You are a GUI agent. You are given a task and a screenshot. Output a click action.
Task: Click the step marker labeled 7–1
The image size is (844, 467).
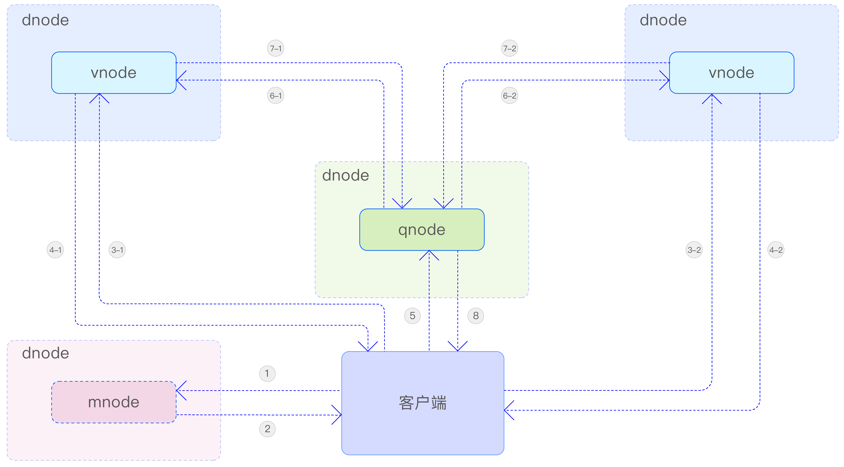point(276,48)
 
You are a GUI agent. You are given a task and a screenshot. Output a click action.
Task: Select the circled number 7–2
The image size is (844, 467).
point(510,48)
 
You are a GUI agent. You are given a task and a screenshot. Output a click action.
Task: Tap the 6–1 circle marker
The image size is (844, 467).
point(276,96)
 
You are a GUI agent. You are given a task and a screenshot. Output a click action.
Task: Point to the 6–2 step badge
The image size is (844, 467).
point(510,96)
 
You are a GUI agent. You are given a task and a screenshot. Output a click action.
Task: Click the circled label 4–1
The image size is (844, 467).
point(55,250)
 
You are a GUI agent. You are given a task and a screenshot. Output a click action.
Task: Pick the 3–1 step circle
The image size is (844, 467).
point(117,250)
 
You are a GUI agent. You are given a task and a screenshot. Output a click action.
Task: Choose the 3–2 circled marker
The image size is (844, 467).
point(694,250)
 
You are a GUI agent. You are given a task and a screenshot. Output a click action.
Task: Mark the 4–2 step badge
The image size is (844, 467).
point(776,250)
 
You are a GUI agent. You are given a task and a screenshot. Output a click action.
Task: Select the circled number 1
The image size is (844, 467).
point(267,374)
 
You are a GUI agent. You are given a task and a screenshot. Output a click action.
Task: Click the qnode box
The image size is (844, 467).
point(422,230)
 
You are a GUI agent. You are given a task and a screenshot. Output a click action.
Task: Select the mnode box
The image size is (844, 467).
point(114,402)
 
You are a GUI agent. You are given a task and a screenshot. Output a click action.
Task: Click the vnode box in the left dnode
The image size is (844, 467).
point(114,73)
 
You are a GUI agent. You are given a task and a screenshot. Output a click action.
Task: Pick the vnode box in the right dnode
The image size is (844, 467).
point(731,73)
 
